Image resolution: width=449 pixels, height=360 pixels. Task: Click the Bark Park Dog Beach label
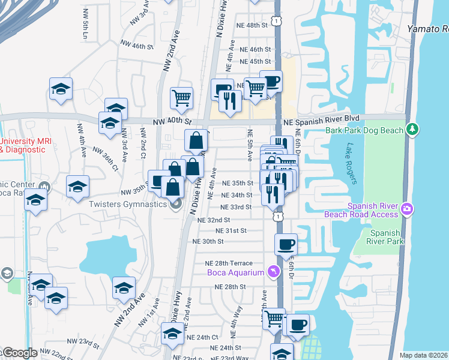pos(365,130)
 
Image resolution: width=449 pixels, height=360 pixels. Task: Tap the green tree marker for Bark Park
pos(412,129)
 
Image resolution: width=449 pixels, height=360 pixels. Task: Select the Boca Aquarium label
pos(236,273)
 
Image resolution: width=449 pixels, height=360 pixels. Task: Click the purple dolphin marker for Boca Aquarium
pos(274,272)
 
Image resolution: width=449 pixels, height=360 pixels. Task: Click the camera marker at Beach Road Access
pos(407,208)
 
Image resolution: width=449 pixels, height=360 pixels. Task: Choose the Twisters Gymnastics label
pos(127,204)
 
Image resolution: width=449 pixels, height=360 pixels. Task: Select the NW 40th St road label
pos(179,121)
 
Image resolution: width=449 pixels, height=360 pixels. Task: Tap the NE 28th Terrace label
pos(229,263)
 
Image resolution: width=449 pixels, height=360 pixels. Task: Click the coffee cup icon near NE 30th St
pos(286,244)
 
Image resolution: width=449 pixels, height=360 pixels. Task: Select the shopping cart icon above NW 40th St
pos(181,97)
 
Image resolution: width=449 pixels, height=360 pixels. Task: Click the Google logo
pos(19,353)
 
